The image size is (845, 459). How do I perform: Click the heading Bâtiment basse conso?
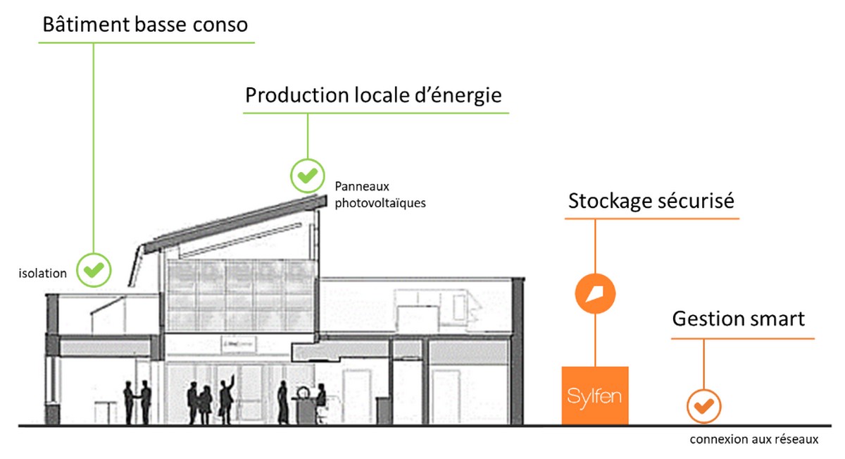pos(145,25)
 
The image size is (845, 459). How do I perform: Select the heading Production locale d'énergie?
pos(373,95)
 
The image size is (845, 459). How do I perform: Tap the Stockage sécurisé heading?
pos(651,201)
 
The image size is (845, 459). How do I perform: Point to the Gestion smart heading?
pos(738,319)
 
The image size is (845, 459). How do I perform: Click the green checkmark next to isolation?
pos(94,269)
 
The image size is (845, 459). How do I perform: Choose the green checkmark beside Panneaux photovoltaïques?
pos(308,175)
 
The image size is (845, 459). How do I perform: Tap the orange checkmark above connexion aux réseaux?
pos(703,405)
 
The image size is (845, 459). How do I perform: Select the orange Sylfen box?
pos(595,396)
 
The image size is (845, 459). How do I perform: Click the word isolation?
pos(42,273)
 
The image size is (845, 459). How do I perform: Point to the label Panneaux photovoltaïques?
pos(380,195)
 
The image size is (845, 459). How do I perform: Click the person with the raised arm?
pos(227,398)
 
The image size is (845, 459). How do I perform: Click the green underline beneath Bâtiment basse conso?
pos(145,43)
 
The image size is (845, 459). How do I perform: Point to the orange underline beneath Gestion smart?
pos(742,339)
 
